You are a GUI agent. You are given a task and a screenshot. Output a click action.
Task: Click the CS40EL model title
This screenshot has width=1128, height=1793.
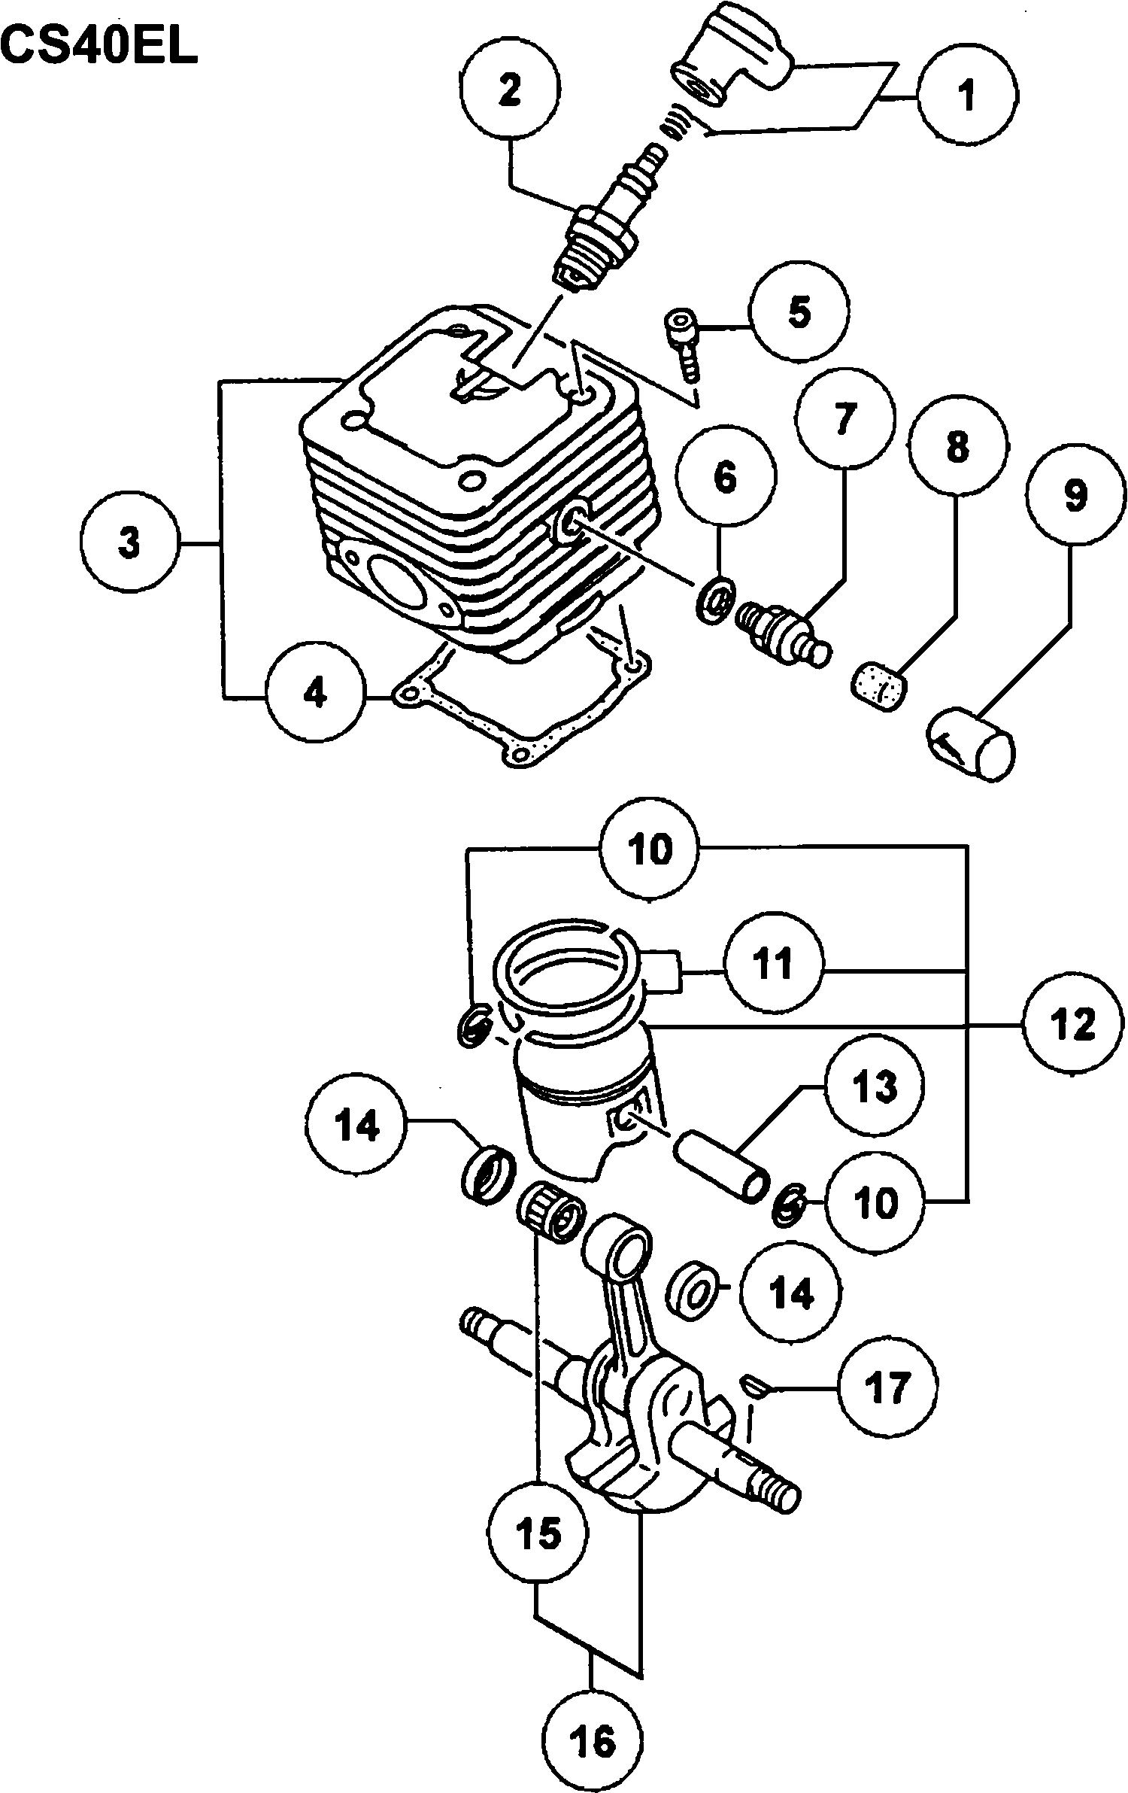pyautogui.click(x=99, y=47)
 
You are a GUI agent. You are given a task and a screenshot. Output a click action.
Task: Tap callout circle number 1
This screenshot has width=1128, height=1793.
pyautogui.click(x=967, y=96)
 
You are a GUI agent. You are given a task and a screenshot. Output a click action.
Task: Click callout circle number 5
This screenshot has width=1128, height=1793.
pyautogui.click(x=799, y=311)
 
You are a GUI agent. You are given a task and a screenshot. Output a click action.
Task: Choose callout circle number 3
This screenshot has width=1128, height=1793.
pyautogui.click(x=130, y=542)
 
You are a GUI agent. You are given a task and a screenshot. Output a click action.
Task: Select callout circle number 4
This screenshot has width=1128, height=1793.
pyautogui.click(x=314, y=692)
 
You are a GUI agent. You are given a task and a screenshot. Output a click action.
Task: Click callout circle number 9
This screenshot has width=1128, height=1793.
pyautogui.click(x=1076, y=497)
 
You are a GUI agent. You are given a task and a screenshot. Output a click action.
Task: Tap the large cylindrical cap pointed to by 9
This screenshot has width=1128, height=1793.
pyautogui.click(x=970, y=742)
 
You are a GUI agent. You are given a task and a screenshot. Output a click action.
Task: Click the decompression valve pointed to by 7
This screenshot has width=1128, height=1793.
pyautogui.click(x=782, y=631)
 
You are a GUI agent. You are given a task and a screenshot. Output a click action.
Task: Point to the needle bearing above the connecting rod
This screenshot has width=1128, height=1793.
pyautogui.click(x=551, y=1217)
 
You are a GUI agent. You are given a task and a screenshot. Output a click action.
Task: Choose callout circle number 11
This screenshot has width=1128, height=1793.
pyautogui.click(x=774, y=964)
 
